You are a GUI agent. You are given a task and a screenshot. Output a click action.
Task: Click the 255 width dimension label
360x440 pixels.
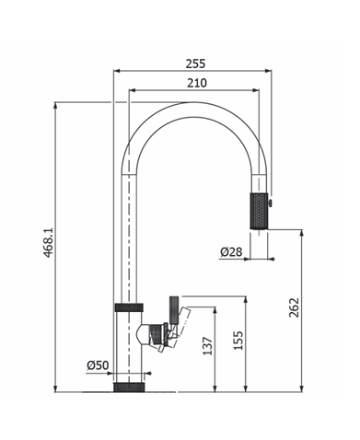click(195, 64)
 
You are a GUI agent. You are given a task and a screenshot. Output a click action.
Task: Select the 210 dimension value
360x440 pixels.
click(197, 83)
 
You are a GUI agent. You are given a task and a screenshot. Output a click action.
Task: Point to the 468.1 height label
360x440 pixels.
click(48, 242)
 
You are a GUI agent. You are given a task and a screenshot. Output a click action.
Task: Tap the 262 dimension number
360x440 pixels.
click(294, 307)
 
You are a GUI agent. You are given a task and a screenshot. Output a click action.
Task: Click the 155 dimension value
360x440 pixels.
click(238, 341)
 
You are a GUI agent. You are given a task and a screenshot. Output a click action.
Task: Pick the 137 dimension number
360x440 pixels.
click(208, 346)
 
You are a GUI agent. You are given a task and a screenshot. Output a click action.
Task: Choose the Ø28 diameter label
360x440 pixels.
click(231, 252)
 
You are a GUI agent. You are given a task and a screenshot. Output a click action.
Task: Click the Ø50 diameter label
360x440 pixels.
click(98, 365)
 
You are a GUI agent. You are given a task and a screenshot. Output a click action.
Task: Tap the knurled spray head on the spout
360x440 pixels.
click(260, 211)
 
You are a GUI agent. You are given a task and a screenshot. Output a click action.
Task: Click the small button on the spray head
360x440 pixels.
click(270, 203)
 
